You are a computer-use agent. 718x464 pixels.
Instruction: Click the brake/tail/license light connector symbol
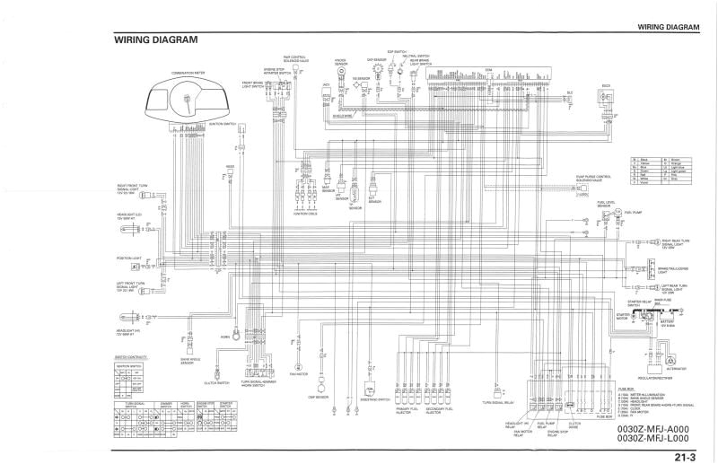[644, 267]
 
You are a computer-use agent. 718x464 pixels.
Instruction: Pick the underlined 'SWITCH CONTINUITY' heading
[131, 357]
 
